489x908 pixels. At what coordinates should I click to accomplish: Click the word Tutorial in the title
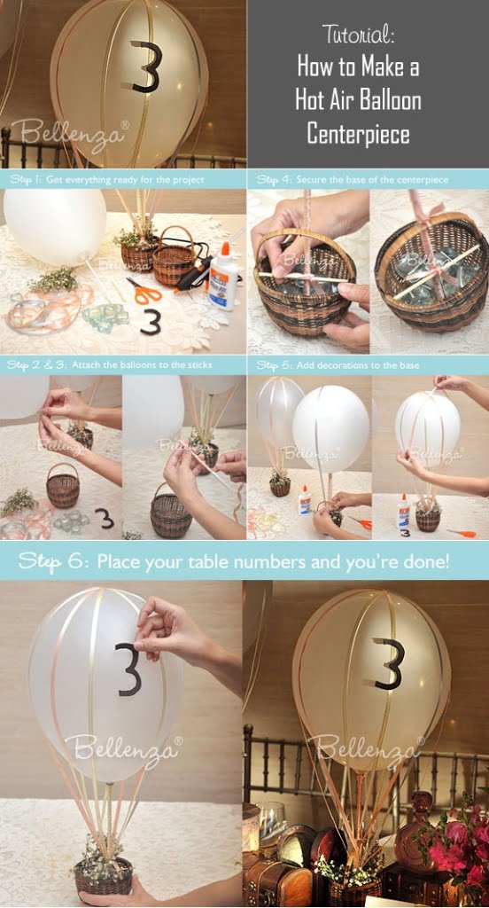(359, 35)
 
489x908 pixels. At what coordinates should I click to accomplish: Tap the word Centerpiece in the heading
(359, 134)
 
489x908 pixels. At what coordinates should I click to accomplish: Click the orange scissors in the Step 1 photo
(144, 291)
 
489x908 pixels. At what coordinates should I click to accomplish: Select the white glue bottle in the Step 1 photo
(221, 279)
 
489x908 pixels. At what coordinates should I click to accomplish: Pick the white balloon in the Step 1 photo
(55, 226)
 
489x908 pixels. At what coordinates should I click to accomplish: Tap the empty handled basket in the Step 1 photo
(174, 259)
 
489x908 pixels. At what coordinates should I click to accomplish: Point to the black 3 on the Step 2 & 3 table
(106, 518)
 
